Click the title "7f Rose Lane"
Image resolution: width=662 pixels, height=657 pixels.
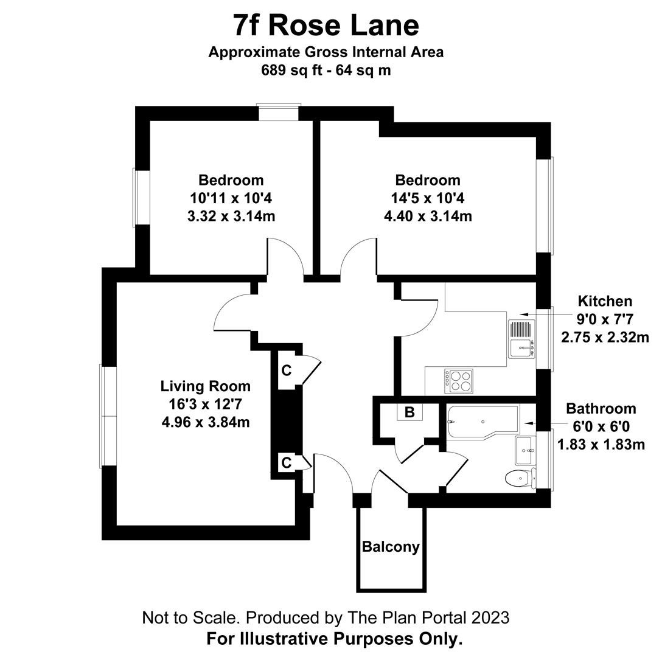click(x=326, y=26)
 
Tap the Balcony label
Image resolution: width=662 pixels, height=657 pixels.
click(x=391, y=547)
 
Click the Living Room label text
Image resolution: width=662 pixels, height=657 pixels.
click(x=205, y=386)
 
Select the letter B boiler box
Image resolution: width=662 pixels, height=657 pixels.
click(x=409, y=412)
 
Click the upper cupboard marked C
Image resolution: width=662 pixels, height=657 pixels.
click(x=286, y=370)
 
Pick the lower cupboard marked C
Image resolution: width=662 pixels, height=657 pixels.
click(x=286, y=463)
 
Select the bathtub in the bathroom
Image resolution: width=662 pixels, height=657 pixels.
click(x=483, y=421)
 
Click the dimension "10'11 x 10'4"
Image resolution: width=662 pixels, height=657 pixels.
click(x=231, y=198)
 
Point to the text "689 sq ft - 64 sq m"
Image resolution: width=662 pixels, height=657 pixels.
click(x=326, y=70)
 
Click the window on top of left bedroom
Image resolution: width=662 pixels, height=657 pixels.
click(x=279, y=113)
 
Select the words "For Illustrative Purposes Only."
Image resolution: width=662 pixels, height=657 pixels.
click(x=334, y=639)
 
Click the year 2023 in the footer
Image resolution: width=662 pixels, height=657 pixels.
click(x=490, y=618)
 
